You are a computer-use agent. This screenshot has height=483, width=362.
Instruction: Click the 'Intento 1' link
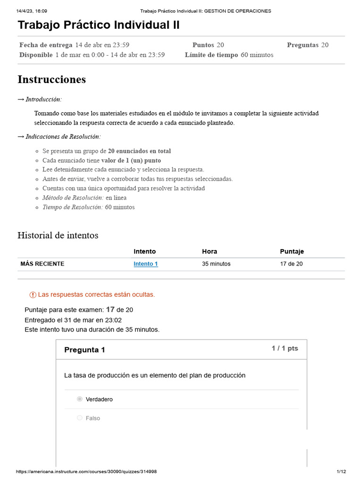tap(146, 264)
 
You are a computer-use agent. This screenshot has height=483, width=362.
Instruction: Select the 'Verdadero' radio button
tap(80, 399)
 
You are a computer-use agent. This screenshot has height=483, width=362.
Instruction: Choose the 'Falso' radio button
tap(80, 418)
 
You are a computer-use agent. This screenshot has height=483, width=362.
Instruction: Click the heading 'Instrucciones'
tap(52, 79)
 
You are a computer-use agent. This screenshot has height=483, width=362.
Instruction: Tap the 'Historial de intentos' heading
tap(58, 235)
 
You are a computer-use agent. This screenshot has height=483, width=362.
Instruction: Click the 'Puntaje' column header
tap(292, 251)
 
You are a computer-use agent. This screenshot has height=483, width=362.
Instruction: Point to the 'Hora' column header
tap(210, 251)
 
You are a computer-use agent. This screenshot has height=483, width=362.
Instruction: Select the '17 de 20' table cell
tap(291, 264)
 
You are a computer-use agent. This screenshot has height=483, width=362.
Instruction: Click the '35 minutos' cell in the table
tap(216, 264)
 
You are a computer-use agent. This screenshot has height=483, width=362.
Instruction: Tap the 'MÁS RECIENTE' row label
tap(42, 264)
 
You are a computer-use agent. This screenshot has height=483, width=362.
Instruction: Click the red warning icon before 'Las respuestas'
tap(33, 295)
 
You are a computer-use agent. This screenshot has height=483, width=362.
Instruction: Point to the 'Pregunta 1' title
tap(85, 350)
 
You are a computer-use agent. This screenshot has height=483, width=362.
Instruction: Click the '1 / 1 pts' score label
tap(285, 349)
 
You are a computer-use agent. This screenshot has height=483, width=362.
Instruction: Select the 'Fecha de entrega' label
tap(46, 45)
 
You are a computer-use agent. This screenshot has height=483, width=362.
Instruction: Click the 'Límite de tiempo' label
tap(212, 55)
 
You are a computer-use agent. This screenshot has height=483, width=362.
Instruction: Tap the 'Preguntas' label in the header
tap(303, 45)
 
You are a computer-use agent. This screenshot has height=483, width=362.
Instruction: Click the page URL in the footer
tap(86, 472)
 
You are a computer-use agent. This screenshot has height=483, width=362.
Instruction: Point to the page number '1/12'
tap(341, 472)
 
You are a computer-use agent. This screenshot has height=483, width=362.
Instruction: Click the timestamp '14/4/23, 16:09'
tap(32, 11)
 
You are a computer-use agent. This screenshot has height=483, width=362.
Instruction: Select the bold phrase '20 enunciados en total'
tap(140, 151)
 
